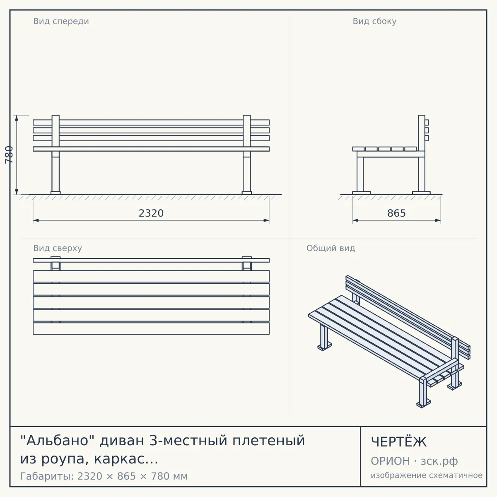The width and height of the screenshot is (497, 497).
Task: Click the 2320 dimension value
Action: (x=151, y=213)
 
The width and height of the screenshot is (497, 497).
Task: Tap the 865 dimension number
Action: (x=396, y=213)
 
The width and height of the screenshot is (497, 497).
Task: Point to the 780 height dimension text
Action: (x=9, y=155)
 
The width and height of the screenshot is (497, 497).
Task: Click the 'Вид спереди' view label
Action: (x=61, y=21)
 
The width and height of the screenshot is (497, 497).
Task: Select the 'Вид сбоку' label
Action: (x=374, y=21)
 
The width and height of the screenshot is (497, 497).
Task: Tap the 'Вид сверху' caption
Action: (x=58, y=248)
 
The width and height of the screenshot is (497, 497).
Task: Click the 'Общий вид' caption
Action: (x=331, y=248)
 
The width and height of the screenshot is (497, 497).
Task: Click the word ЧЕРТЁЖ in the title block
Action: (x=399, y=442)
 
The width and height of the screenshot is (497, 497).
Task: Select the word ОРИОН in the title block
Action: (x=390, y=461)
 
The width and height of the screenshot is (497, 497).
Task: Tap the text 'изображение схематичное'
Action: (x=427, y=475)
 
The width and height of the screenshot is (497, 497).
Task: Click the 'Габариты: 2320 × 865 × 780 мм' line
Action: (x=104, y=476)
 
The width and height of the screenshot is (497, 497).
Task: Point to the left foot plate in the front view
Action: (x=55, y=193)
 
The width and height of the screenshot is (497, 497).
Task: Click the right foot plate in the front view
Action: (x=246, y=193)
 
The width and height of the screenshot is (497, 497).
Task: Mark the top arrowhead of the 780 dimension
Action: (x=17, y=118)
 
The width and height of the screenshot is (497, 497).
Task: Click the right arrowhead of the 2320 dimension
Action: (x=266, y=220)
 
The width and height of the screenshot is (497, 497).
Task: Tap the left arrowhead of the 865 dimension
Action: (x=356, y=220)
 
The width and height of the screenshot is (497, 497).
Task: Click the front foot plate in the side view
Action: (x=361, y=193)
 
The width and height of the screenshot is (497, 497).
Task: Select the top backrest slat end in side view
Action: (x=427, y=122)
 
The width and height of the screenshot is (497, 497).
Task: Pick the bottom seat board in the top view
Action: (x=151, y=328)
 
